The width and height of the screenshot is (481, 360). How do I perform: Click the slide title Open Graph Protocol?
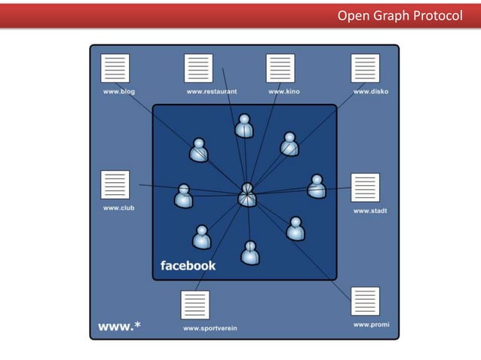tap(400, 15)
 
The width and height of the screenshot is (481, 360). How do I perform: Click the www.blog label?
tap(119, 92)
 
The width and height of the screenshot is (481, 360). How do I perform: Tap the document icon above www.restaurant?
tap(198, 69)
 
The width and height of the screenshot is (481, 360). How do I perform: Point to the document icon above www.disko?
tap(365, 69)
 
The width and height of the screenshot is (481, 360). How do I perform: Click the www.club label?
tap(118, 207)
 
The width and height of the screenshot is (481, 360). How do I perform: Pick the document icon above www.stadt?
tap(365, 188)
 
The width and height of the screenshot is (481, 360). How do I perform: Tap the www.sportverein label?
tap(210, 328)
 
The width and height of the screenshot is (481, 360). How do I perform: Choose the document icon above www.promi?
tap(365, 301)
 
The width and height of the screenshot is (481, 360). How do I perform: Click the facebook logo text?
tap(188, 265)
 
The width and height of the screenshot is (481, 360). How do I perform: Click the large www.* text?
tap(119, 326)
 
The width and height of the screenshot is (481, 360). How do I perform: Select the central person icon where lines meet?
tap(247, 195)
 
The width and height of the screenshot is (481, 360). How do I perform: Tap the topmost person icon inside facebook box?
tap(244, 126)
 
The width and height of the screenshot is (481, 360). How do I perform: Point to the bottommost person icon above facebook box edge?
tap(250, 252)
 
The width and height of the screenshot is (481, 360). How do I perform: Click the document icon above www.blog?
tap(115, 69)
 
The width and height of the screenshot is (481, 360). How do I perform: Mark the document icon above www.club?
tap(115, 185)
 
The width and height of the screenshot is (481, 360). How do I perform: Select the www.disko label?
tap(371, 92)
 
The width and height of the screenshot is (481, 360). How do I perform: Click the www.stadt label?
tap(370, 211)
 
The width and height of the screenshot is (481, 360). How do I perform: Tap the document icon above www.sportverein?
tap(195, 305)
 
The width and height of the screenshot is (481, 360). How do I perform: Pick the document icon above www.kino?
tap(280, 69)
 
